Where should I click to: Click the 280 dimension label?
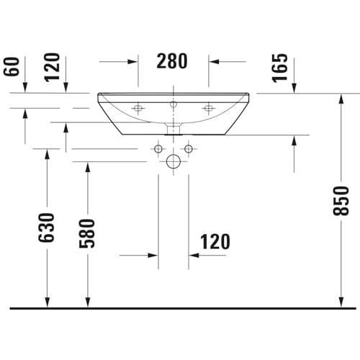point(172,61)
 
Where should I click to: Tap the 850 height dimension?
point(341,200)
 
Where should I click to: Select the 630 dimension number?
point(47,228)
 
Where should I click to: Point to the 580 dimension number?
point(87,233)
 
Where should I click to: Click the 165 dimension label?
point(279,68)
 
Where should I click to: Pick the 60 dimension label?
point(12,66)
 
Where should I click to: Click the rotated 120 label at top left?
point(52,68)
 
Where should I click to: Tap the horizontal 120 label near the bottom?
point(215,241)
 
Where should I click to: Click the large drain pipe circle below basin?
point(174,161)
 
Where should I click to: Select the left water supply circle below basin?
point(158,149)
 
